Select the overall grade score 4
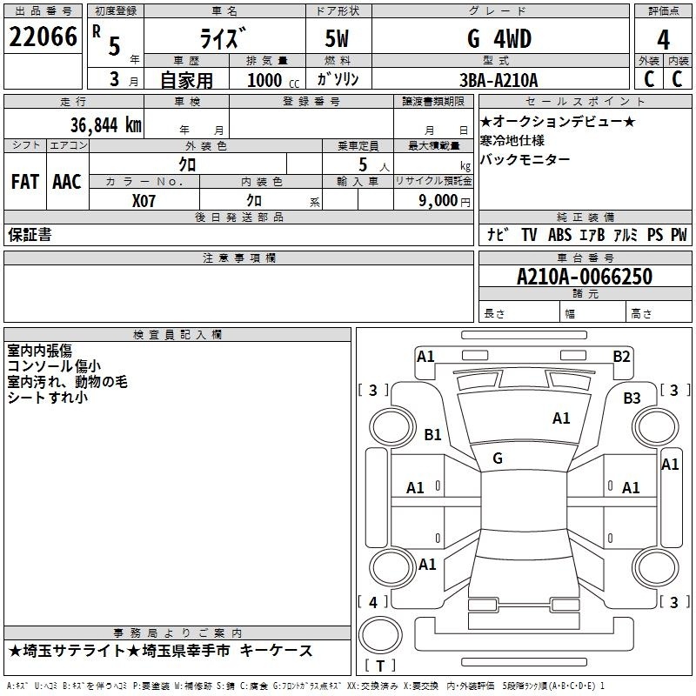point(663,40)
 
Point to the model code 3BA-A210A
point(499,80)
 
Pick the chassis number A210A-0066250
point(584,277)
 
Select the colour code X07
point(146,199)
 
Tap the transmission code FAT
point(24,182)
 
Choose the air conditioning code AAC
point(67,182)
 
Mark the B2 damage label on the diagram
point(621,356)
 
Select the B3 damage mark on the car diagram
point(632,398)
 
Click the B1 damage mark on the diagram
point(432,435)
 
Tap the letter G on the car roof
point(498,458)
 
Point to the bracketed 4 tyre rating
point(372,602)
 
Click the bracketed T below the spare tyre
point(379,666)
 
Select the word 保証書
point(30,234)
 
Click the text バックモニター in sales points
point(525,159)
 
